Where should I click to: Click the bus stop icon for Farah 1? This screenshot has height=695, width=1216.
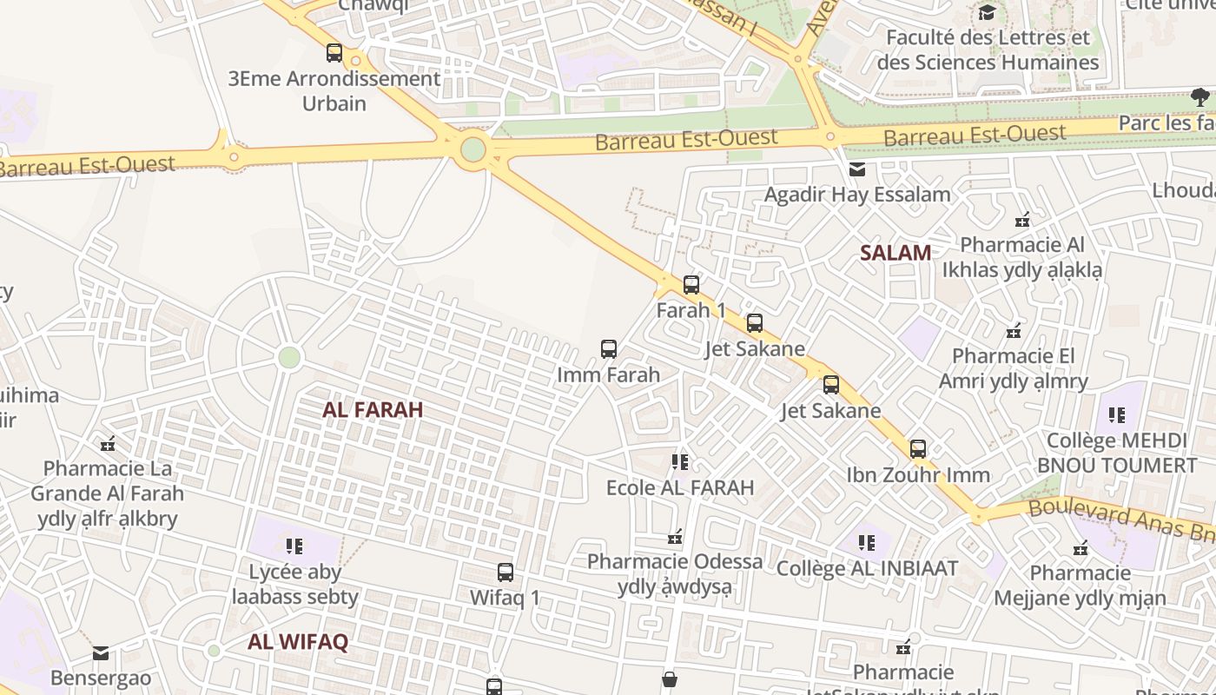pos(691,284)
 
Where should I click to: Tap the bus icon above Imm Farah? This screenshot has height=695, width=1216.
pos(609,349)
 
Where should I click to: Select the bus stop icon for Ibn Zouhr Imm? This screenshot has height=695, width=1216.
pos(918,449)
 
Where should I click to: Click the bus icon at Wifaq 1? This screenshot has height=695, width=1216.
pos(506,573)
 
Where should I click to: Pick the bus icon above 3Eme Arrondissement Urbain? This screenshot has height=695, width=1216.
pos(334,53)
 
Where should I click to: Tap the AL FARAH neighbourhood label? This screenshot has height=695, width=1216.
pos(373,409)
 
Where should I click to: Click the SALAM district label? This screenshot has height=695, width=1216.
pos(895,253)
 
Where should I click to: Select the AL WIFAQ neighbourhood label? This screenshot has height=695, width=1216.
pos(298,642)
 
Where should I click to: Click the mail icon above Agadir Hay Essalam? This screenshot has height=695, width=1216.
pos(857,169)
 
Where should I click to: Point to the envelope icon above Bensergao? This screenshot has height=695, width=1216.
pos(101,653)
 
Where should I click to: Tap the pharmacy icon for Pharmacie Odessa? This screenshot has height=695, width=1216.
pos(675,538)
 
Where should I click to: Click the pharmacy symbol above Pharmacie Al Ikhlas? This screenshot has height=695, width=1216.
pos(1022,220)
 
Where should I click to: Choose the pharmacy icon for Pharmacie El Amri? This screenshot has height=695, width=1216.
pos(1013,331)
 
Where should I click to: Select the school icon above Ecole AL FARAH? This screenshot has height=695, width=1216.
pos(680,461)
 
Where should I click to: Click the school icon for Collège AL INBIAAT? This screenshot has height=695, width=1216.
pos(866,543)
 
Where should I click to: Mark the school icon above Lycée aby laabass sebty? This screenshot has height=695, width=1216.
pos(294,546)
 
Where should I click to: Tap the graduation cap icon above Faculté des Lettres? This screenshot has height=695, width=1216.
pos(987,12)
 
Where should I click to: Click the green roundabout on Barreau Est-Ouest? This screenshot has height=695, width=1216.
pos(473,149)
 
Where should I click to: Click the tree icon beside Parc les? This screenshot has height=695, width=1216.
pos(1200,96)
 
